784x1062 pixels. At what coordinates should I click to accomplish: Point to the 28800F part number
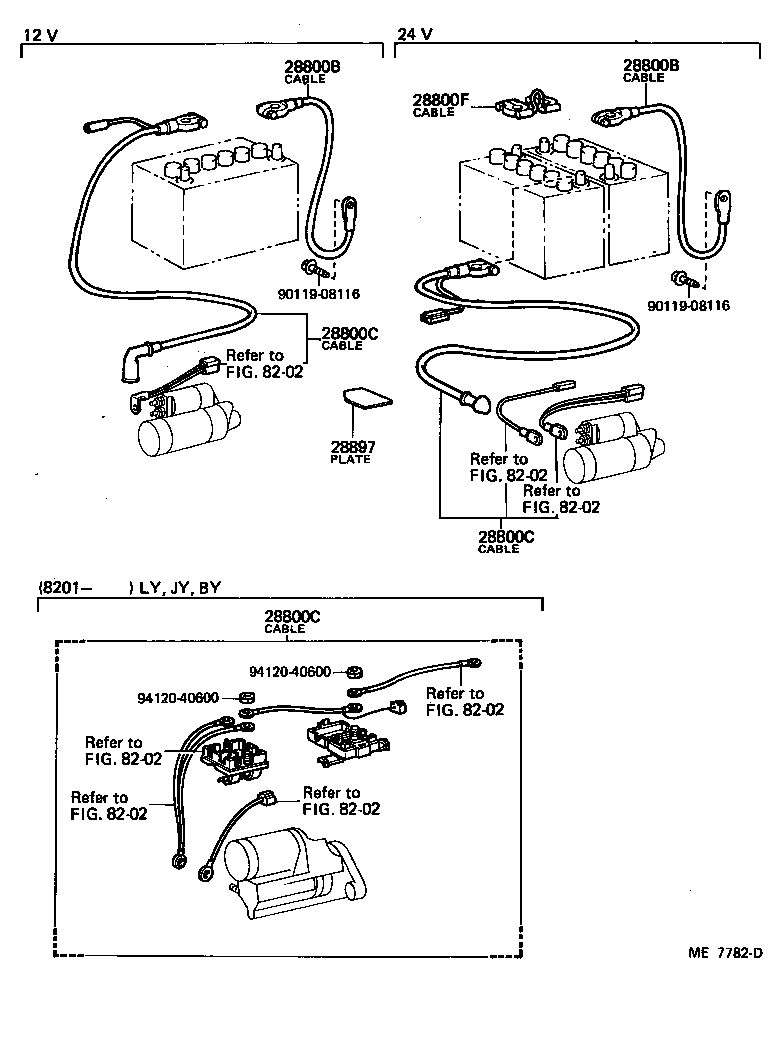click(441, 100)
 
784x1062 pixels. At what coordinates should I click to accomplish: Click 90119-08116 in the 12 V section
click(319, 294)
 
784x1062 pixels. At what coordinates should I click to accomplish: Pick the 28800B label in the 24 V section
click(651, 66)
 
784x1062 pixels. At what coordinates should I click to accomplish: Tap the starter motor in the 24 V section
click(610, 450)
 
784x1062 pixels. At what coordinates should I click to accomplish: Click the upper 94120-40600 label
click(289, 671)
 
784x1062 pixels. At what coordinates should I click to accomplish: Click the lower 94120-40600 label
click(178, 697)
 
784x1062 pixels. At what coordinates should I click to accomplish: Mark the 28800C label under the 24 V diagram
click(507, 537)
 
